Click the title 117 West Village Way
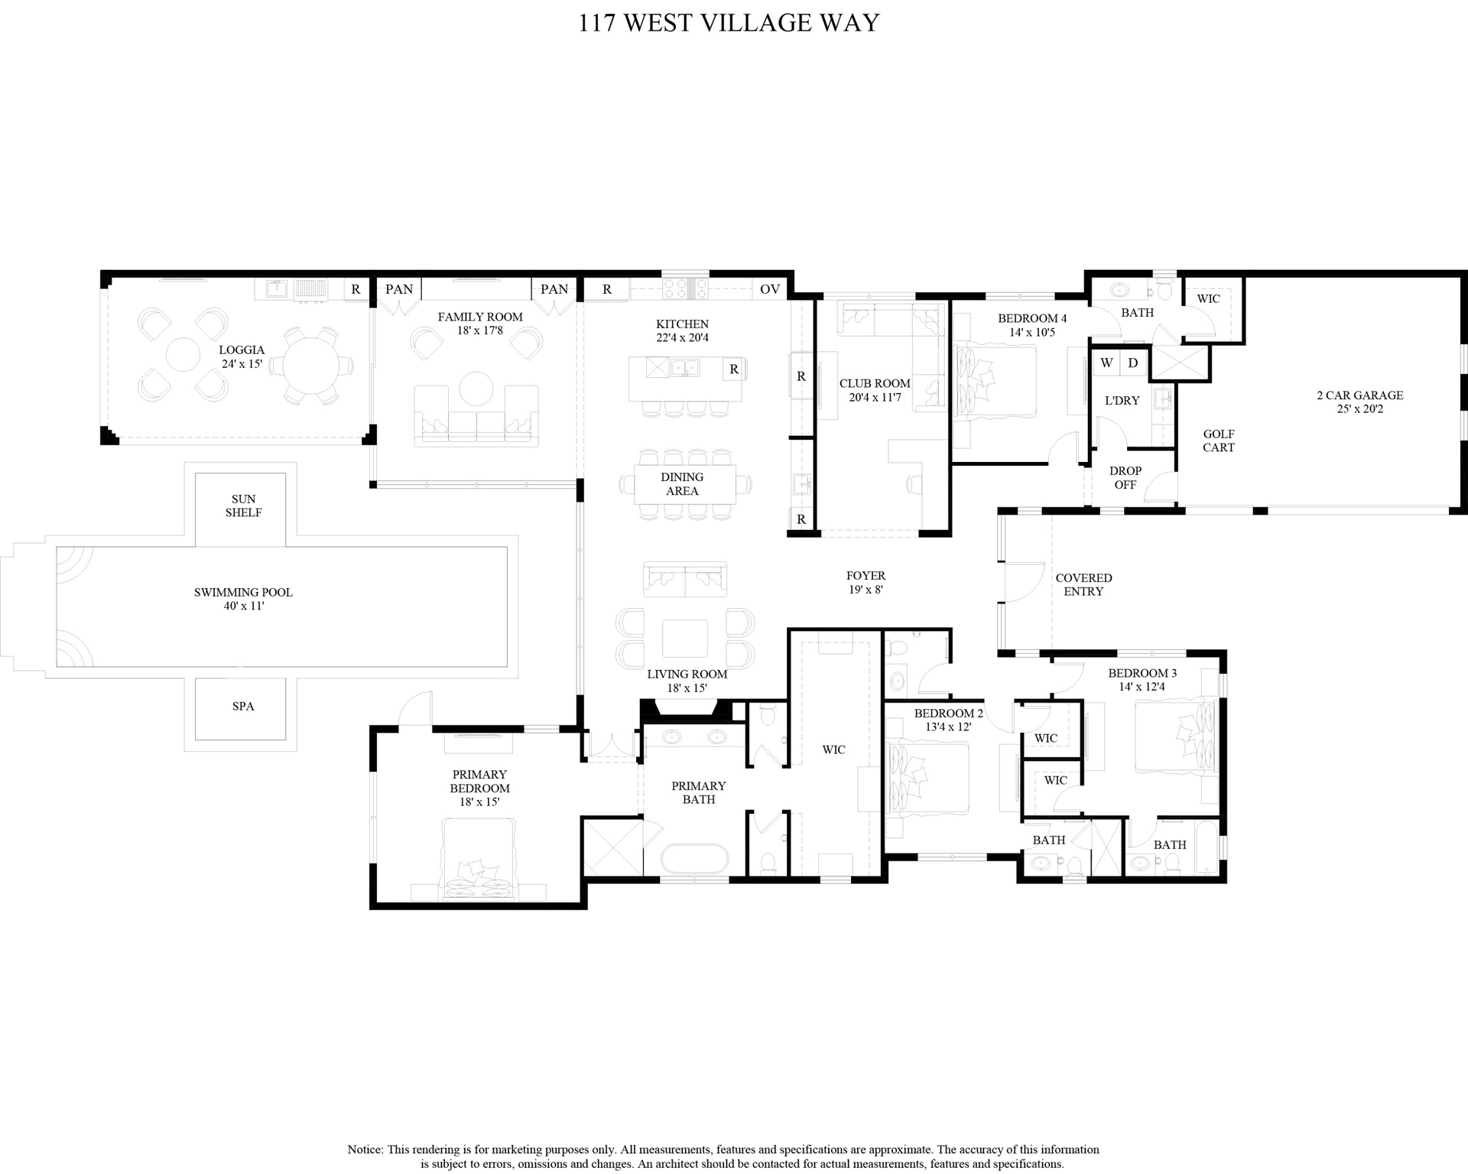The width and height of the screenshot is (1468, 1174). pyautogui.click(x=729, y=23)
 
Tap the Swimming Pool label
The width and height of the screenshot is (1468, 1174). pyautogui.click(x=243, y=592)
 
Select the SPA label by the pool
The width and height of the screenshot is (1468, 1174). pyautogui.click(x=243, y=706)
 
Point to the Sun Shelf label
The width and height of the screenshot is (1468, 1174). pyautogui.click(x=243, y=506)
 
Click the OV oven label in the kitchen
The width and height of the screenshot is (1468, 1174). pyautogui.click(x=770, y=289)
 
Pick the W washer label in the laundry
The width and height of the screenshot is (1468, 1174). pyautogui.click(x=1106, y=363)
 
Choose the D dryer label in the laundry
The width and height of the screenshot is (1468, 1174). pyautogui.click(x=1133, y=363)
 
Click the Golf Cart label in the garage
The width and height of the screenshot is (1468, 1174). pyautogui.click(x=1219, y=441)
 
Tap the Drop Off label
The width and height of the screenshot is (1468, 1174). pyautogui.click(x=1125, y=477)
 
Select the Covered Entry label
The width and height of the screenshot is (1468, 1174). pyautogui.click(x=1083, y=584)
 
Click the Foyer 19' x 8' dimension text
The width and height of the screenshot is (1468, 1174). pyautogui.click(x=866, y=590)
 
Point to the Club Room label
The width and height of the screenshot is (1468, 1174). pyautogui.click(x=875, y=383)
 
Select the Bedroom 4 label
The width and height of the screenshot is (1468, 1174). pyautogui.click(x=1032, y=318)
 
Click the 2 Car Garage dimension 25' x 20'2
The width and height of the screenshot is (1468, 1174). pyautogui.click(x=1360, y=409)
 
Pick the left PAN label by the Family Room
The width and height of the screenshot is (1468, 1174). pyautogui.click(x=399, y=289)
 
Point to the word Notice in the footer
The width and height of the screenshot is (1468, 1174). pyautogui.click(x=365, y=1150)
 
